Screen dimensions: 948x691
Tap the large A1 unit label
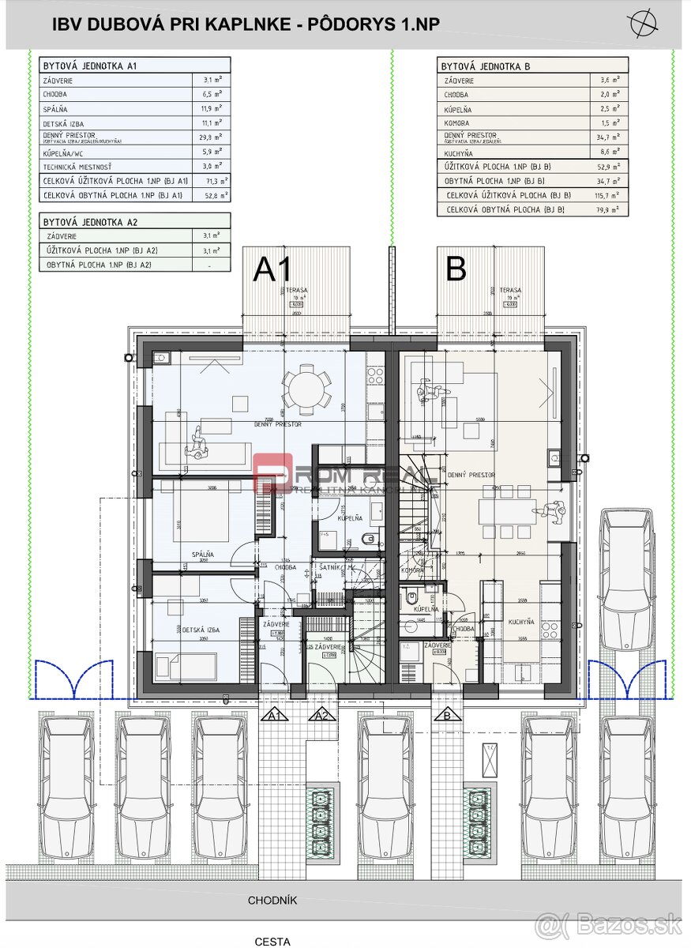(x=272, y=270)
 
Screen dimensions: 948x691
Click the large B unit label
(x=456, y=269)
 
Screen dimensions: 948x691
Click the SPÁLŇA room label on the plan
(x=201, y=555)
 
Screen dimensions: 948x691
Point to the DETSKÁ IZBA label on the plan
(x=201, y=630)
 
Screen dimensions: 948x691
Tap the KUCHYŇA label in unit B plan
(x=522, y=622)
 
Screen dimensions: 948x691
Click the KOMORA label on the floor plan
(x=412, y=570)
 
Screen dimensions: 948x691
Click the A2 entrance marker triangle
(x=321, y=716)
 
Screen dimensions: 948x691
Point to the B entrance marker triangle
(x=447, y=716)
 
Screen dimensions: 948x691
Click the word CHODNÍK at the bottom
(x=272, y=900)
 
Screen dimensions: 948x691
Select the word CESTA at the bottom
(x=272, y=941)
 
